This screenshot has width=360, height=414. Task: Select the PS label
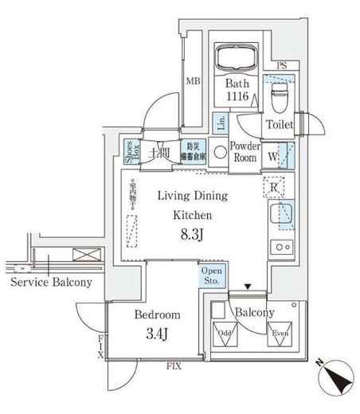point(281,66)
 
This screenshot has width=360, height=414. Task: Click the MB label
point(193,80)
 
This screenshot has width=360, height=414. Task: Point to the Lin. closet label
point(221,123)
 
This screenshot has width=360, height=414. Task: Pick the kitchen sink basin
point(282,214)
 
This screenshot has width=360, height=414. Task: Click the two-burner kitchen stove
point(282,245)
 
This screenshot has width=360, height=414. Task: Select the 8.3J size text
point(191,236)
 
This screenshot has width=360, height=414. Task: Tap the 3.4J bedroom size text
point(154,332)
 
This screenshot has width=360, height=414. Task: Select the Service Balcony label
point(51,283)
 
